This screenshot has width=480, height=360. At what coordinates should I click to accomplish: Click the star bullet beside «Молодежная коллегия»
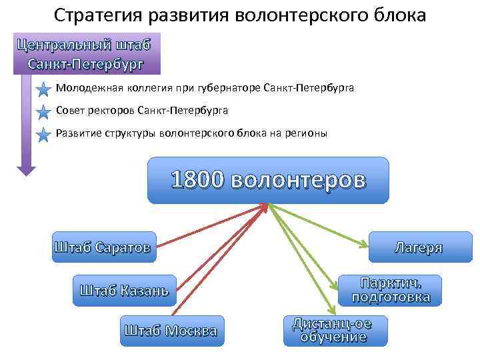[x=43, y=89]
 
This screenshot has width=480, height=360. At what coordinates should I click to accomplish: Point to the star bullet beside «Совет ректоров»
[x=43, y=111]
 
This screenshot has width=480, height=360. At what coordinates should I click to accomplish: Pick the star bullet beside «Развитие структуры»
[x=43, y=134]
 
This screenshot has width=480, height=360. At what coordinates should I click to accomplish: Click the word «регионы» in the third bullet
[x=307, y=133]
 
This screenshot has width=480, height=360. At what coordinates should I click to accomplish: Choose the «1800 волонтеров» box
[x=267, y=180]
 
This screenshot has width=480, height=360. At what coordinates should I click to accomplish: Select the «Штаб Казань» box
[x=124, y=290]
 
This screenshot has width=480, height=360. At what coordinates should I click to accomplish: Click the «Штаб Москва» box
[x=171, y=330]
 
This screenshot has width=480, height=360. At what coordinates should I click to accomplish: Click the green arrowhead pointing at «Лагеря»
[x=366, y=243]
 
